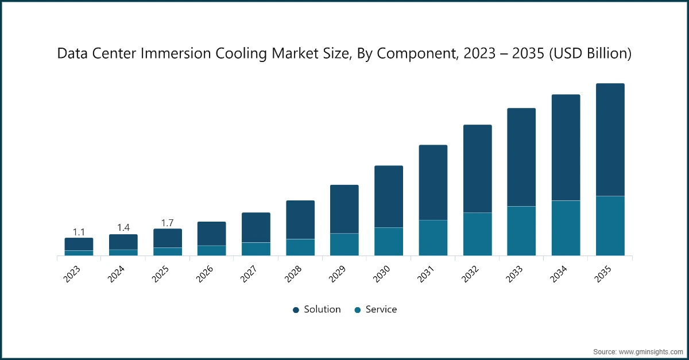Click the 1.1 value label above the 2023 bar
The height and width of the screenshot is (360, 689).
pos(79,232)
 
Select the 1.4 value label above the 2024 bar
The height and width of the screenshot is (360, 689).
pos(123,228)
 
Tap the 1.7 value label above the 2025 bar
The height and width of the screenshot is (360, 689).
pos(168,222)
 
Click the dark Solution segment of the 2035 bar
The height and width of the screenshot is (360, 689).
pos(610,140)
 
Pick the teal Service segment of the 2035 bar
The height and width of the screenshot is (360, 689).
pos(610,226)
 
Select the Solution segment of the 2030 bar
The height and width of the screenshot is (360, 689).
pos(389,196)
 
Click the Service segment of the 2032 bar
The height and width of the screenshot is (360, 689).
pos(477,234)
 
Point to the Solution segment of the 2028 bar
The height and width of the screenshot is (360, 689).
pos(300,219)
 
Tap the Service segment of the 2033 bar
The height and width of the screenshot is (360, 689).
pos(521,231)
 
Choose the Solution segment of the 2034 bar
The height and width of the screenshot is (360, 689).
pos(566,148)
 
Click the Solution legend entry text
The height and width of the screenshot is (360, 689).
pos(322,309)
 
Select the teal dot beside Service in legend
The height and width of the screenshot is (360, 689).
pos(357,310)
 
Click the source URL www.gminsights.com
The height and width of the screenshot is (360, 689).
pos(650,351)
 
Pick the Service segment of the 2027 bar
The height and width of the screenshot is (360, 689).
pos(256,249)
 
